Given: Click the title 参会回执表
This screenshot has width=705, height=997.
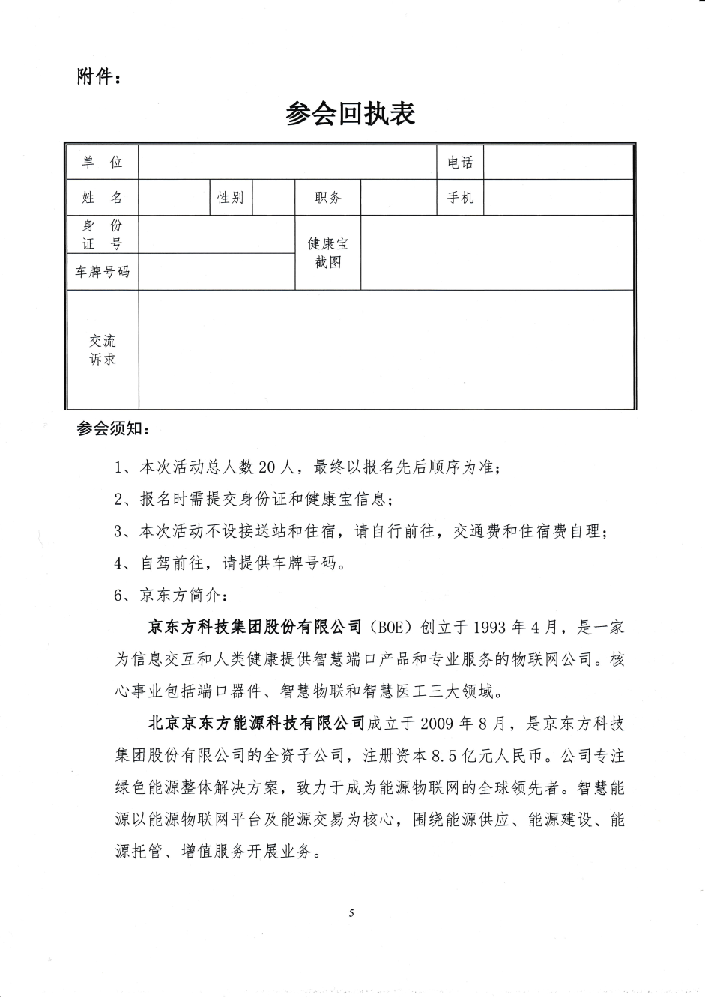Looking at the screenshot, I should [x=350, y=114].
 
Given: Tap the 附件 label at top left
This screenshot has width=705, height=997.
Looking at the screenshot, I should [x=97, y=77].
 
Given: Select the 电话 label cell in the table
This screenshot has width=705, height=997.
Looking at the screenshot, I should [x=460, y=163].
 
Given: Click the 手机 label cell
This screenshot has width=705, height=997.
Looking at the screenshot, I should [x=460, y=198].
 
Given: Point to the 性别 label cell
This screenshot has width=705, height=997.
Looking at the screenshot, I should [x=230, y=198].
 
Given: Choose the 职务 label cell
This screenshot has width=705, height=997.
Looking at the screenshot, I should [x=327, y=198].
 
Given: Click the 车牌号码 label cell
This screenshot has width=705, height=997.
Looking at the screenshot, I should [x=103, y=272].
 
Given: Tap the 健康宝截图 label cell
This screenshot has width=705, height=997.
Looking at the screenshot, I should [x=327, y=253].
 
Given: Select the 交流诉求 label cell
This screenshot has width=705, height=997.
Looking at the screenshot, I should [x=103, y=350].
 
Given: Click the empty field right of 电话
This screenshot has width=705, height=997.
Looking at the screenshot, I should [x=558, y=163].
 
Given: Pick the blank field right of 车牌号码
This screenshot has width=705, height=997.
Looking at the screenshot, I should [x=217, y=272].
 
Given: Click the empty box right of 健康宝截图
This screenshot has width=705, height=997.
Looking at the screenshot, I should [x=497, y=253].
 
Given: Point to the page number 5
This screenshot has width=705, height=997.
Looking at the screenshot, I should [x=351, y=912].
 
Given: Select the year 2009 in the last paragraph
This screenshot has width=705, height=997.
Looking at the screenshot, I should [x=438, y=724].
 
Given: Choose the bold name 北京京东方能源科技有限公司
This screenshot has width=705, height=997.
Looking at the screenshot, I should [x=256, y=724].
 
